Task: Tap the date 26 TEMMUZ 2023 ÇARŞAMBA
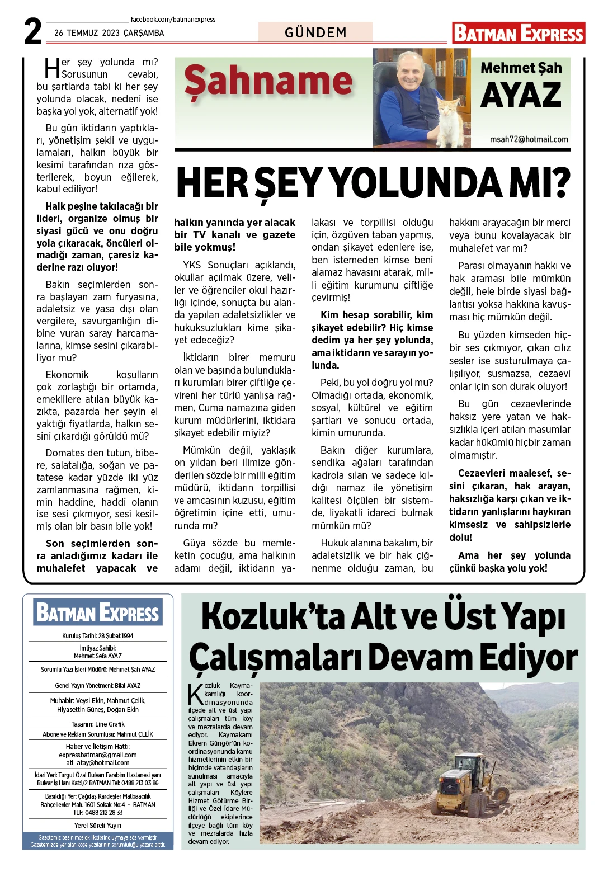pos(109,33)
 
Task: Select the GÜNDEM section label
pos(315,32)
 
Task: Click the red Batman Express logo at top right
pos(519,34)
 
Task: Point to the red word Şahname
pos(268,82)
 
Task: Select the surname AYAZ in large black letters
pos(521,95)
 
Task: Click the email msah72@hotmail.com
pos(529,139)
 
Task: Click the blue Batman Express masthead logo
pos(98,612)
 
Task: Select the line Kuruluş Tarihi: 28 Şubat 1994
pos(98,636)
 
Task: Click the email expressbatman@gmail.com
pos(98,755)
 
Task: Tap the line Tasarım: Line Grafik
pos(98,724)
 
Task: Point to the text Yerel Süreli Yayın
pos(98,826)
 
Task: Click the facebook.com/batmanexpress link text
pos(173,20)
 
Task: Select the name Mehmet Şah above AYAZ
pos(521,68)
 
